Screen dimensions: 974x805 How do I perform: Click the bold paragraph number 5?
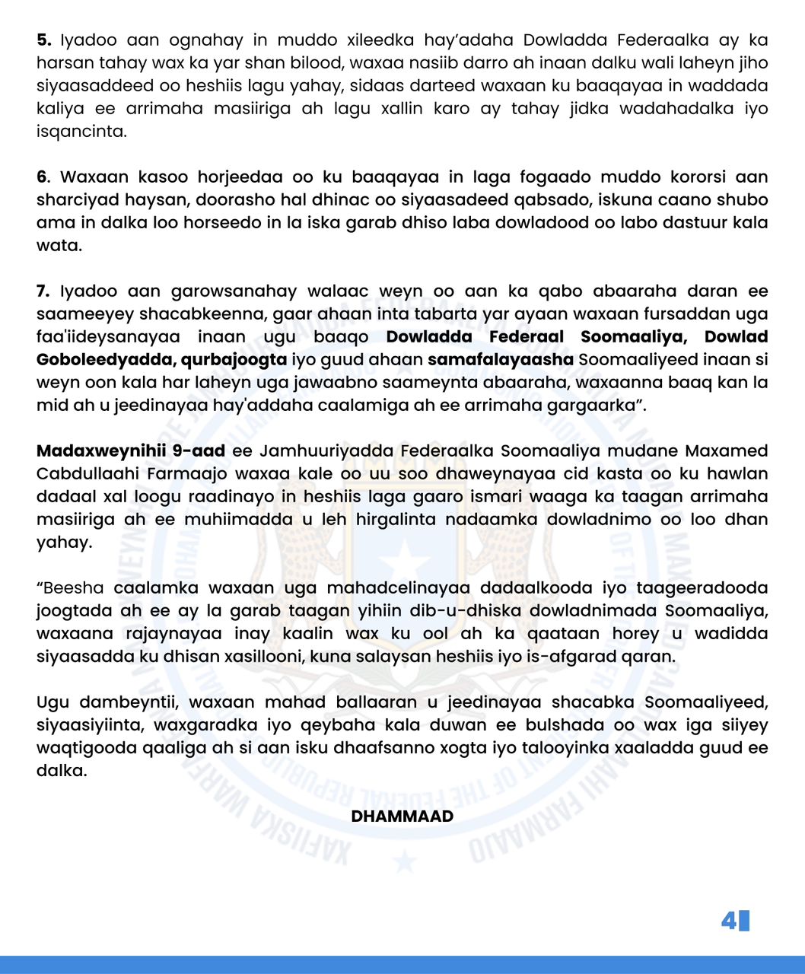[43, 40]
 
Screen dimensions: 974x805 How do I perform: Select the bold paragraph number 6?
[43, 177]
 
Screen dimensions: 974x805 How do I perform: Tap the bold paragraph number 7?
[43, 291]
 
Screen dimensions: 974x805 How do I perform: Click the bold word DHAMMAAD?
[402, 816]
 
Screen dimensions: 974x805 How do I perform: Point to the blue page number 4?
[729, 921]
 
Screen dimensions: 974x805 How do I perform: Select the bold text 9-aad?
[199, 451]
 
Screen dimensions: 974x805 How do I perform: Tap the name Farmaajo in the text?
[192, 474]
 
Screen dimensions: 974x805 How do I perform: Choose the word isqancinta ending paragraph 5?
[81, 132]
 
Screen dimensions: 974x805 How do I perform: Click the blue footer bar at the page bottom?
[402, 965]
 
